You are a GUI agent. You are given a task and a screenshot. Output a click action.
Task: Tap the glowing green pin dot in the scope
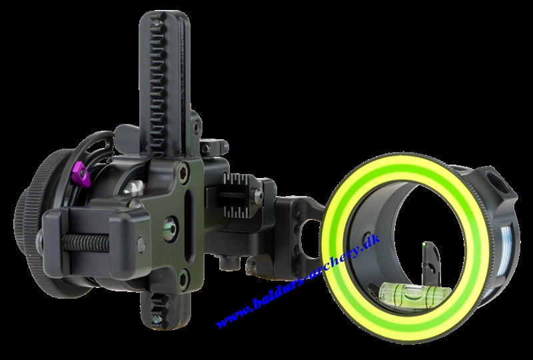[x=425, y=244]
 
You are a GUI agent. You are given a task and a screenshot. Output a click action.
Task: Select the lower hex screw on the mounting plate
[x=184, y=277]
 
